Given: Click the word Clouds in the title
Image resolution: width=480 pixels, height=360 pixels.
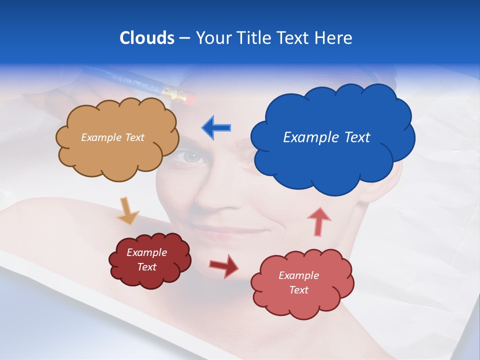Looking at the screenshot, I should (x=147, y=38).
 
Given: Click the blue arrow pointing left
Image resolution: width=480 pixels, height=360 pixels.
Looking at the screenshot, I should (x=216, y=127).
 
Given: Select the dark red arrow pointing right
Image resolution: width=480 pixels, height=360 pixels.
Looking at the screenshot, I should (x=223, y=265).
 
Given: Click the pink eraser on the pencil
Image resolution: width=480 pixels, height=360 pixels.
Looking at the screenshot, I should (x=188, y=97).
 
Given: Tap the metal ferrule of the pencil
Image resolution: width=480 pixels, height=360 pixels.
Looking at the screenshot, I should (x=172, y=92).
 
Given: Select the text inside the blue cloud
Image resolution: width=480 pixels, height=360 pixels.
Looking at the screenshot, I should (x=326, y=137).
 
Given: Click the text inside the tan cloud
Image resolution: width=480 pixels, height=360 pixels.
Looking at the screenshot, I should (x=112, y=137).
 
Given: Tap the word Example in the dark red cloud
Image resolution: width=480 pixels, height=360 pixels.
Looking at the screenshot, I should (x=146, y=252).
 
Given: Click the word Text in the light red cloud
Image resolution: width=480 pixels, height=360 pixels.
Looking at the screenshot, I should (x=298, y=290).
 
